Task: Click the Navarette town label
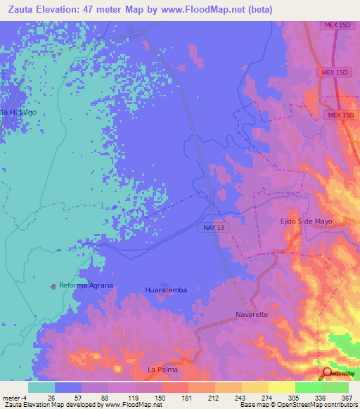pos(252,314)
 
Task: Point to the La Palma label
pos(162,369)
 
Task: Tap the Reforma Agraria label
pos(86,286)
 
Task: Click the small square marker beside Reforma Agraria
pos(53,286)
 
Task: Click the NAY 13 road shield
pos(215,240)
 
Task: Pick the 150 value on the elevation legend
pos(151,397)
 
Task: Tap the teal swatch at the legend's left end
pos(41,387)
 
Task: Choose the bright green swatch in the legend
pos(308,387)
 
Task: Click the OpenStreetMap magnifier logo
pos(326,373)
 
